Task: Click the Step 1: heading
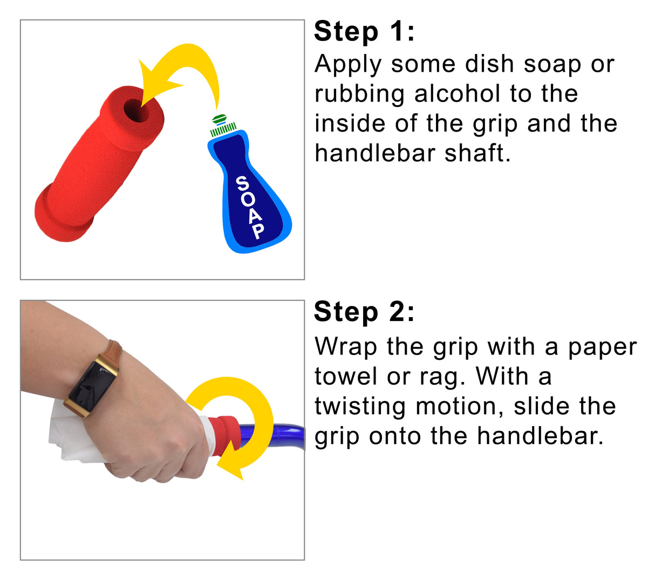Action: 364,32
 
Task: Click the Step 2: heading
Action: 364,312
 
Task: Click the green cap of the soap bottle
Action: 220,118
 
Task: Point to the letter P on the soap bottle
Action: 258,231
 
